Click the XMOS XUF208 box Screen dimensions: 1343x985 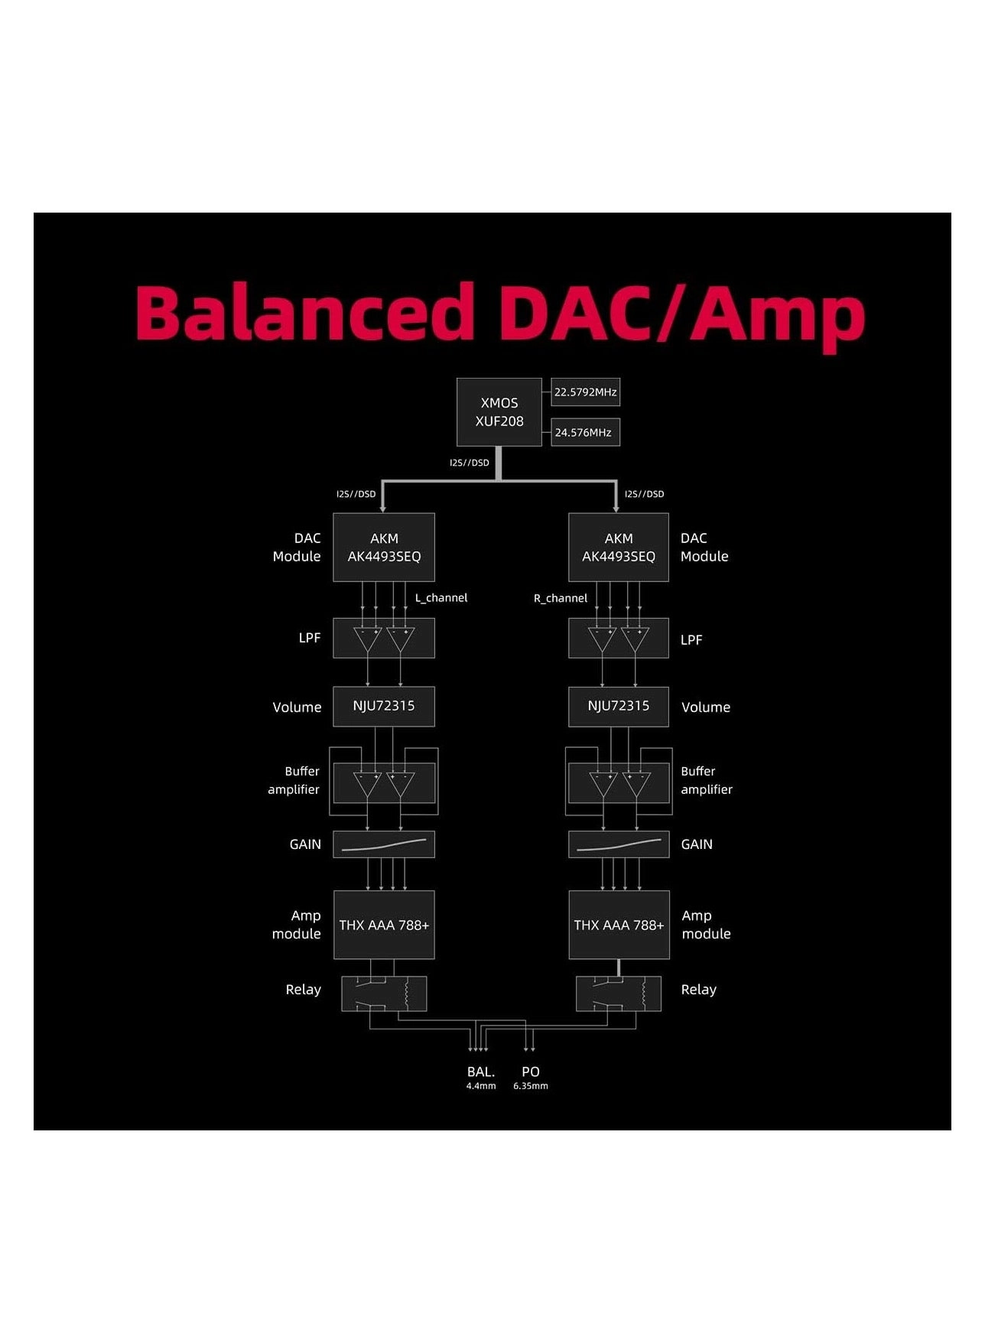499,412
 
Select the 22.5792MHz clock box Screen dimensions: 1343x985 585,392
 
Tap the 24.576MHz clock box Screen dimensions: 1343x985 585,432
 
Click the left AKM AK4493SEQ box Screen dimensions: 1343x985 384,548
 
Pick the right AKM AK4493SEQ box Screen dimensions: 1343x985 619,548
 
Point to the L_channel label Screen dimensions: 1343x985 441,598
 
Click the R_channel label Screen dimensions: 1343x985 561,598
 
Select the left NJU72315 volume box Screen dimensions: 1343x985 384,706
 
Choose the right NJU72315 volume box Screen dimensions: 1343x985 619,706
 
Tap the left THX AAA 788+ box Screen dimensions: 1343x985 384,925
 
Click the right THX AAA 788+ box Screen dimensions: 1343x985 619,925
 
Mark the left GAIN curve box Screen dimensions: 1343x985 384,844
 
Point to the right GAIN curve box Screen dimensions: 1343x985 619,844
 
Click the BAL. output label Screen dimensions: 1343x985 481,1072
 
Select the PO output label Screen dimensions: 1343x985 531,1072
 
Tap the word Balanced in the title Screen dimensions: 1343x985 304,313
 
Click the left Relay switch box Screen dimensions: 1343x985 384,993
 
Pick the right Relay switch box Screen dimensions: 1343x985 619,993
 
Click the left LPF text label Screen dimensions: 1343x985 310,638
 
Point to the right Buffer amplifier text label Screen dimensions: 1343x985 706,780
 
